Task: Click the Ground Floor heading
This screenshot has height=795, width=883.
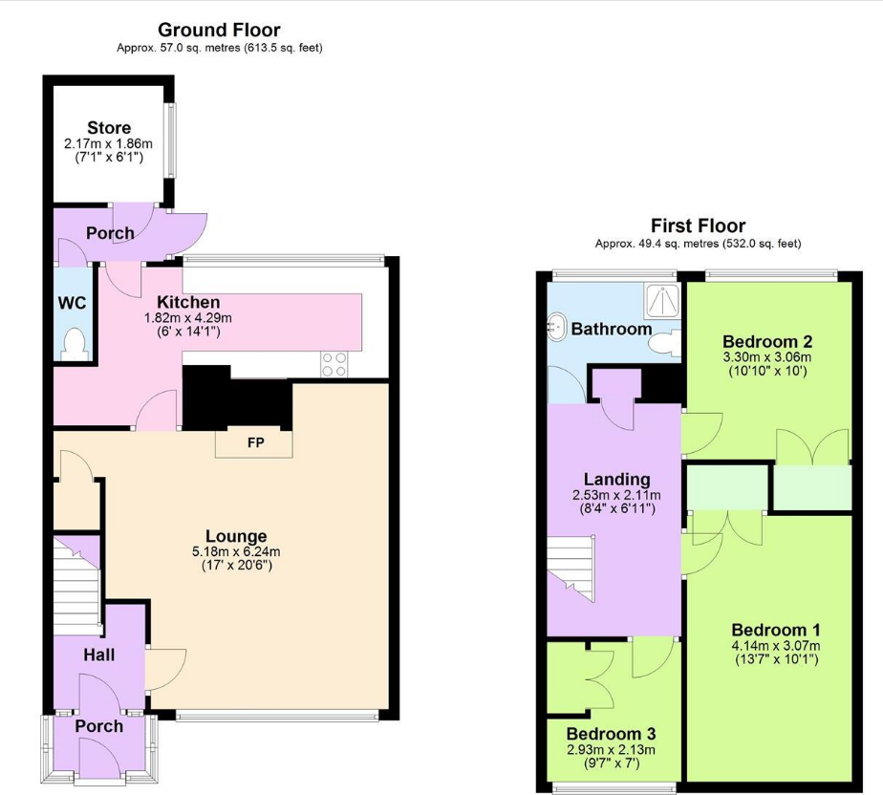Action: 219,31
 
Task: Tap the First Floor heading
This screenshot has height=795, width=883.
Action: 698,226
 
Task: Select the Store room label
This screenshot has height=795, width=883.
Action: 109,128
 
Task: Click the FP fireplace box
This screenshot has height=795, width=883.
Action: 255,443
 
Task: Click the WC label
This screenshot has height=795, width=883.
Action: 73,304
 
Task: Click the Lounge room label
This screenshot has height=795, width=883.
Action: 236,536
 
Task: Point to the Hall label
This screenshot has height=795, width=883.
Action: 98,655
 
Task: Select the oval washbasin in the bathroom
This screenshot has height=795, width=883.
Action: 556,329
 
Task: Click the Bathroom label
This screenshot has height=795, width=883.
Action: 612,329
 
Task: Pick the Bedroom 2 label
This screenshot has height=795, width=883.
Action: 767,342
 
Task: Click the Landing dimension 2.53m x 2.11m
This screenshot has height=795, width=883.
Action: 617,495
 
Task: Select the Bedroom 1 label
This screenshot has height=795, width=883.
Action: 776,631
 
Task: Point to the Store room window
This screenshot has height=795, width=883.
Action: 171,140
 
